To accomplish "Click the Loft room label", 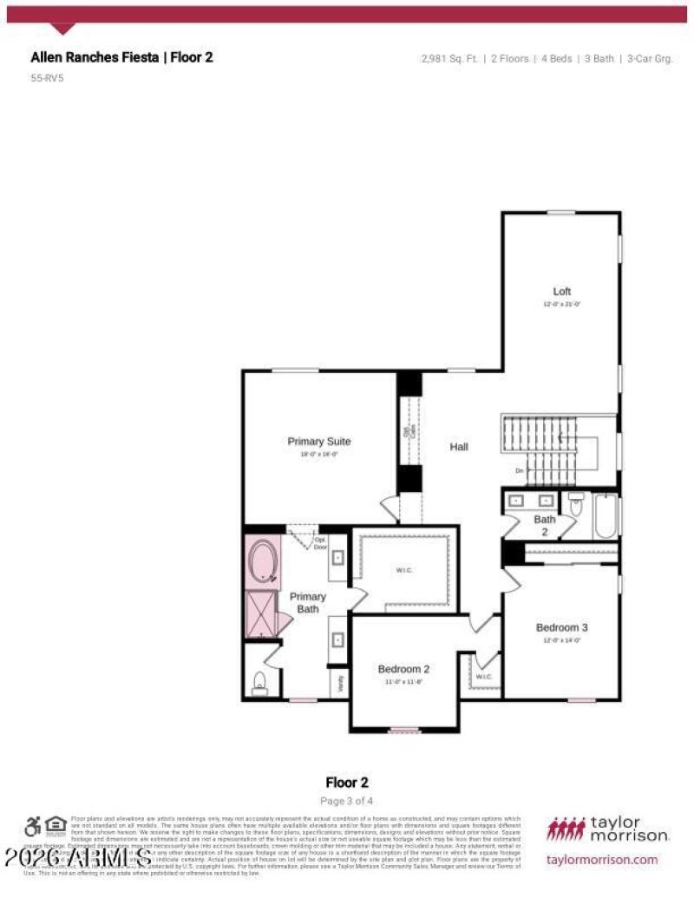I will (562, 292).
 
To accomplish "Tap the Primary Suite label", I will (319, 442).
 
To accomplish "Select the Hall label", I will (459, 447).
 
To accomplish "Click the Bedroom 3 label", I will (561, 627).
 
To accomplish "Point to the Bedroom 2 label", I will (403, 669).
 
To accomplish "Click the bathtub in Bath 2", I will (606, 517).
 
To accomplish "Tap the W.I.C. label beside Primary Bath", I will (404, 570).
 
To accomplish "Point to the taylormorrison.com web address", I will (603, 859).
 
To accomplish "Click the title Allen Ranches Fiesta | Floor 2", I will (121, 57).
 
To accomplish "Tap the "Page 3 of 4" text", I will (347, 800).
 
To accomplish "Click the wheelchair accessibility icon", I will (33, 826).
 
